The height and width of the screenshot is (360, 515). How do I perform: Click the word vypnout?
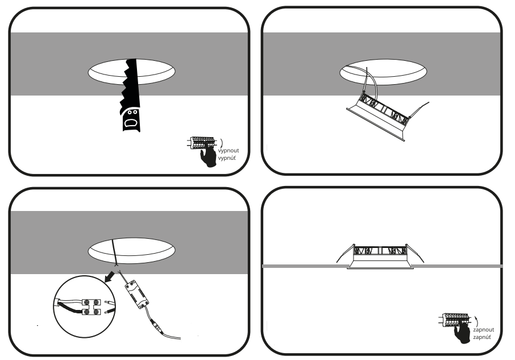click(229, 151)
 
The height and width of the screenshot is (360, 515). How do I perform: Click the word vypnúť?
click(227, 158)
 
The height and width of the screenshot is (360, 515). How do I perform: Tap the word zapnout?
click(484, 329)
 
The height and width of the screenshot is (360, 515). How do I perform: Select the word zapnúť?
click(482, 337)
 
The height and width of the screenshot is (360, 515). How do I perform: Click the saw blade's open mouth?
click(131, 123)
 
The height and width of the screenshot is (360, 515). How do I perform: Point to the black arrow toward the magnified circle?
click(109, 276)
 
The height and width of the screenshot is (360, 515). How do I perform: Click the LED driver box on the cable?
click(136, 295)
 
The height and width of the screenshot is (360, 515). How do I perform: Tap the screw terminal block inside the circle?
click(91, 307)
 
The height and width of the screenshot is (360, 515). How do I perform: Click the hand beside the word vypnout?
click(209, 155)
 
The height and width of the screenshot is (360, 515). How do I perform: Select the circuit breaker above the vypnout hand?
click(201, 143)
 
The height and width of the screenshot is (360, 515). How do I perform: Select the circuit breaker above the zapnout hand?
click(454, 320)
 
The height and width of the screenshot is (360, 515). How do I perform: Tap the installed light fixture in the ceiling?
click(380, 256)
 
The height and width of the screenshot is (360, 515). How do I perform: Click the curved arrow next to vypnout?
click(222, 143)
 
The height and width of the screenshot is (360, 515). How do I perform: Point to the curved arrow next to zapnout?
click(476, 321)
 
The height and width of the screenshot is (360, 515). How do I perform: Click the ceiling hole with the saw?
click(131, 72)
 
